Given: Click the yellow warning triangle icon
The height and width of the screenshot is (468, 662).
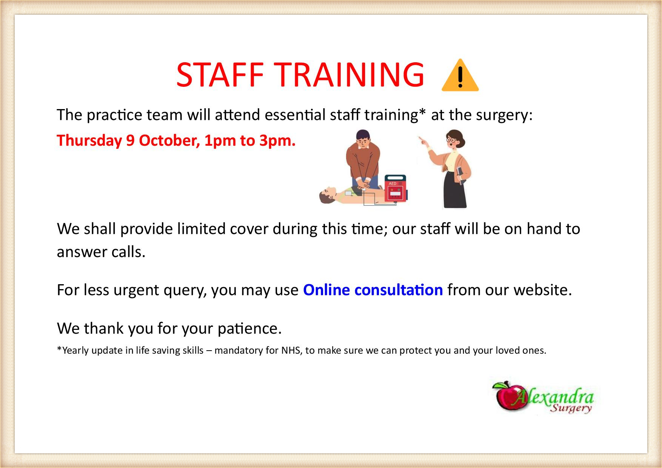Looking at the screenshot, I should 460,76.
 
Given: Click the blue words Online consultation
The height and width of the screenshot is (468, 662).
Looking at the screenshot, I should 373,290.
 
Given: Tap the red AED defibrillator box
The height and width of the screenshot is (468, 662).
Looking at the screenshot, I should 396,188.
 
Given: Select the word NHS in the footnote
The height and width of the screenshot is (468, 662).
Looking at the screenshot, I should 290,351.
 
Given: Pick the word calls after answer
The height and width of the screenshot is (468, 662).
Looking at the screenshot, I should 128,252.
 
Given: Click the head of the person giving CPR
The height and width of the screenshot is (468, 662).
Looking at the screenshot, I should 363,138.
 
